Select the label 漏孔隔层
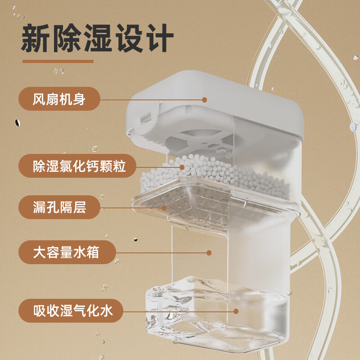tap(59, 207)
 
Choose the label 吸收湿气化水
tap(72, 310)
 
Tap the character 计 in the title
tap(159, 40)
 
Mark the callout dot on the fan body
tap(205, 99)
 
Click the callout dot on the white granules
tap(182, 167)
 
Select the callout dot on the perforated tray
tap(165, 208)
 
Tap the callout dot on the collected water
tap(236, 311)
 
